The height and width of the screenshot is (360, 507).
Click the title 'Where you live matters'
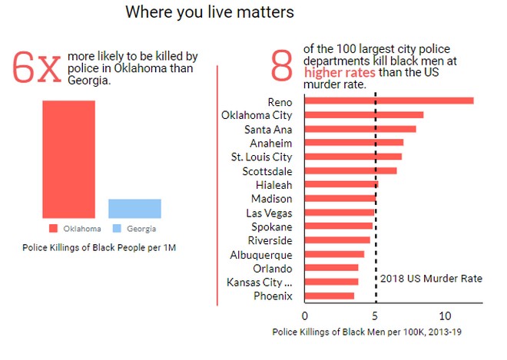210,12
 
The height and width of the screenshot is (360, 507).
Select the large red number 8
282,66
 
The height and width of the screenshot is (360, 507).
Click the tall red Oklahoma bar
68,159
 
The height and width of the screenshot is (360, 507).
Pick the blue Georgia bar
134,208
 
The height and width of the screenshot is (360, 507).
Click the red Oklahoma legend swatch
53,229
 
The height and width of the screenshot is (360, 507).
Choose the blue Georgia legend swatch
117,229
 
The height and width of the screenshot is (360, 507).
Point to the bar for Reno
389,101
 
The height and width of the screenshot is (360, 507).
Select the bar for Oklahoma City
364,115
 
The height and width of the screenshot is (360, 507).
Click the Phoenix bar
330,296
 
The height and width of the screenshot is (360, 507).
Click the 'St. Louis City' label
262,157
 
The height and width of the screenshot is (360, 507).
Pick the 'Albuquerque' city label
261,254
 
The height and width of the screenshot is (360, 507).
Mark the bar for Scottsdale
351,170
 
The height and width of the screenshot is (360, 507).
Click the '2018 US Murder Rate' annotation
432,278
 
